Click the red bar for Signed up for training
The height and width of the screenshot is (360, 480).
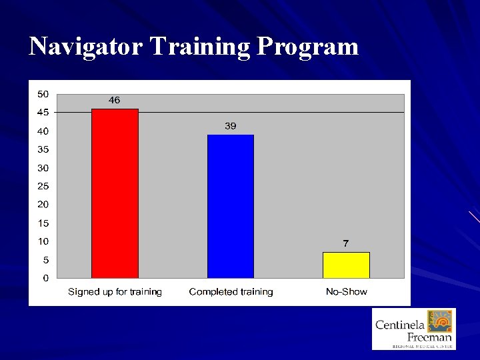point(115,193)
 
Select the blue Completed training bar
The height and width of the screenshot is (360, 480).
point(231,206)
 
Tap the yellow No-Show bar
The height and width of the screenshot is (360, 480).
point(346,265)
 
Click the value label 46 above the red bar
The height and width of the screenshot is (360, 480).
point(115,100)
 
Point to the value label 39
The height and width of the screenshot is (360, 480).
point(231,126)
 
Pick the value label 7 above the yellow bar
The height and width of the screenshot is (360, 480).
point(345,243)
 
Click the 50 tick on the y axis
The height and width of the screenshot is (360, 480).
point(43,93)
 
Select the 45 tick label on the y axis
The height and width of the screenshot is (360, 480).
point(43,112)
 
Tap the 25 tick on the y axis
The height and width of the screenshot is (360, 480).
point(43,186)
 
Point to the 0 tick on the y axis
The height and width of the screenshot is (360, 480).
point(45,278)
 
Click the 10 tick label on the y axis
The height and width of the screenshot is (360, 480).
point(43,241)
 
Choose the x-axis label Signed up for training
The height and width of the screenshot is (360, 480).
point(115,292)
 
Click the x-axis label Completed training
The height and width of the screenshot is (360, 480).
point(231,292)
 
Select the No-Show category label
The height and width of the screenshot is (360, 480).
point(346,292)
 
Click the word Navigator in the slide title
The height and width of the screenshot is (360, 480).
point(87,47)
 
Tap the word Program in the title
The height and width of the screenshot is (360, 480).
point(307,47)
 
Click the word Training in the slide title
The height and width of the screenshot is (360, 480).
point(200,47)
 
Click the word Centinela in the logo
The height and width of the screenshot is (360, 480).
point(400,325)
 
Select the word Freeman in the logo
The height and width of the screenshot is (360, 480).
point(429,337)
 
